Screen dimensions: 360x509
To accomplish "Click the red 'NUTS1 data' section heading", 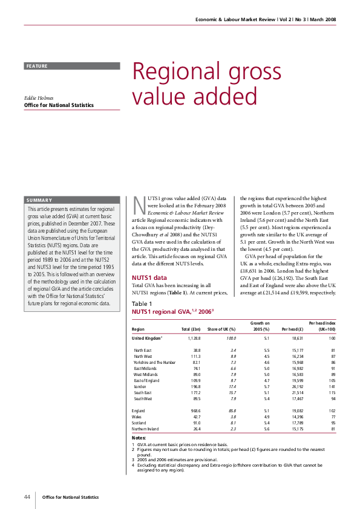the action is (x=149, y=277).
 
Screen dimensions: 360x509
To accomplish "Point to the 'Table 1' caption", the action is (x=142, y=303).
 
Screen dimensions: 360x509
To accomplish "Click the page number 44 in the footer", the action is (x=27, y=497).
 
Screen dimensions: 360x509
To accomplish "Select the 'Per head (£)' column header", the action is (x=292, y=329).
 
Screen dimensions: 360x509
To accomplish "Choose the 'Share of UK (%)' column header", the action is (x=221, y=329).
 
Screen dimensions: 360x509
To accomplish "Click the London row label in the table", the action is (x=141, y=386).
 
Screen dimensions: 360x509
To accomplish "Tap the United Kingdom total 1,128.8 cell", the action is (x=194, y=339).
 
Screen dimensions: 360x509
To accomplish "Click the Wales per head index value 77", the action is (x=332, y=417).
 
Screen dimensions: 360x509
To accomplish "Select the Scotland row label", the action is (x=139, y=423).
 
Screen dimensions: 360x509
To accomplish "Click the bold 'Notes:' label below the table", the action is (x=139, y=438).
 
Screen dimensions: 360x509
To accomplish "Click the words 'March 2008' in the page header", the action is (x=324, y=19).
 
